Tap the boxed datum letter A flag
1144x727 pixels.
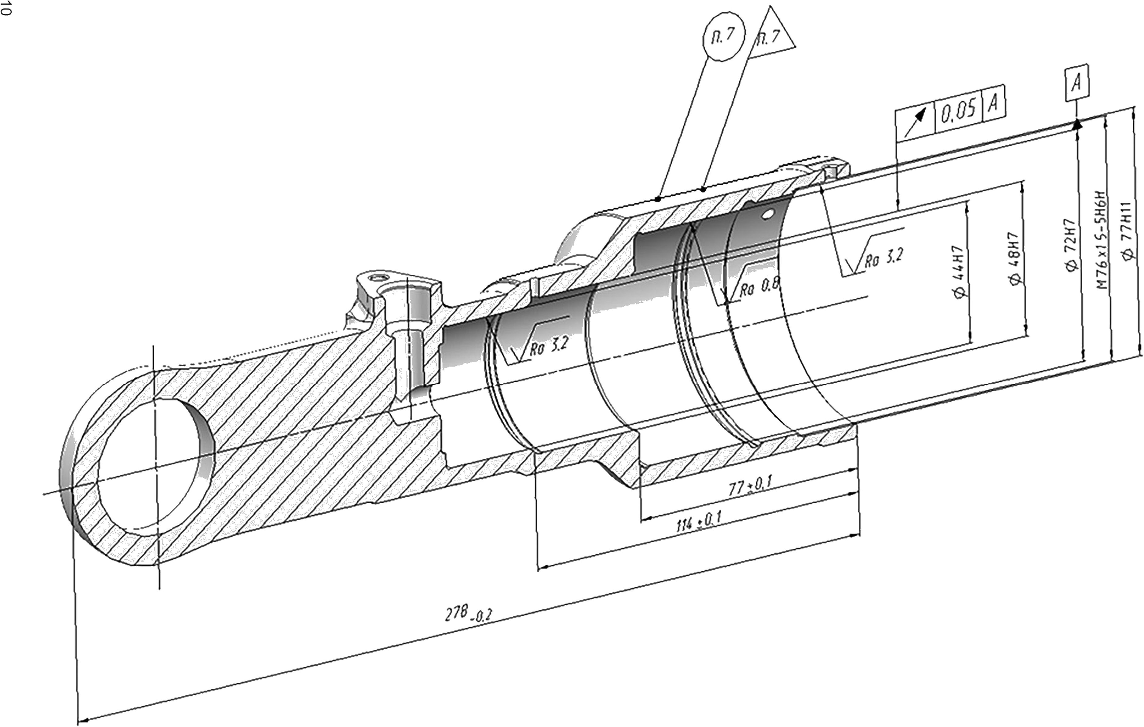coord(1076,83)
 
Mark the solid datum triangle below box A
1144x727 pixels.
coord(1076,124)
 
